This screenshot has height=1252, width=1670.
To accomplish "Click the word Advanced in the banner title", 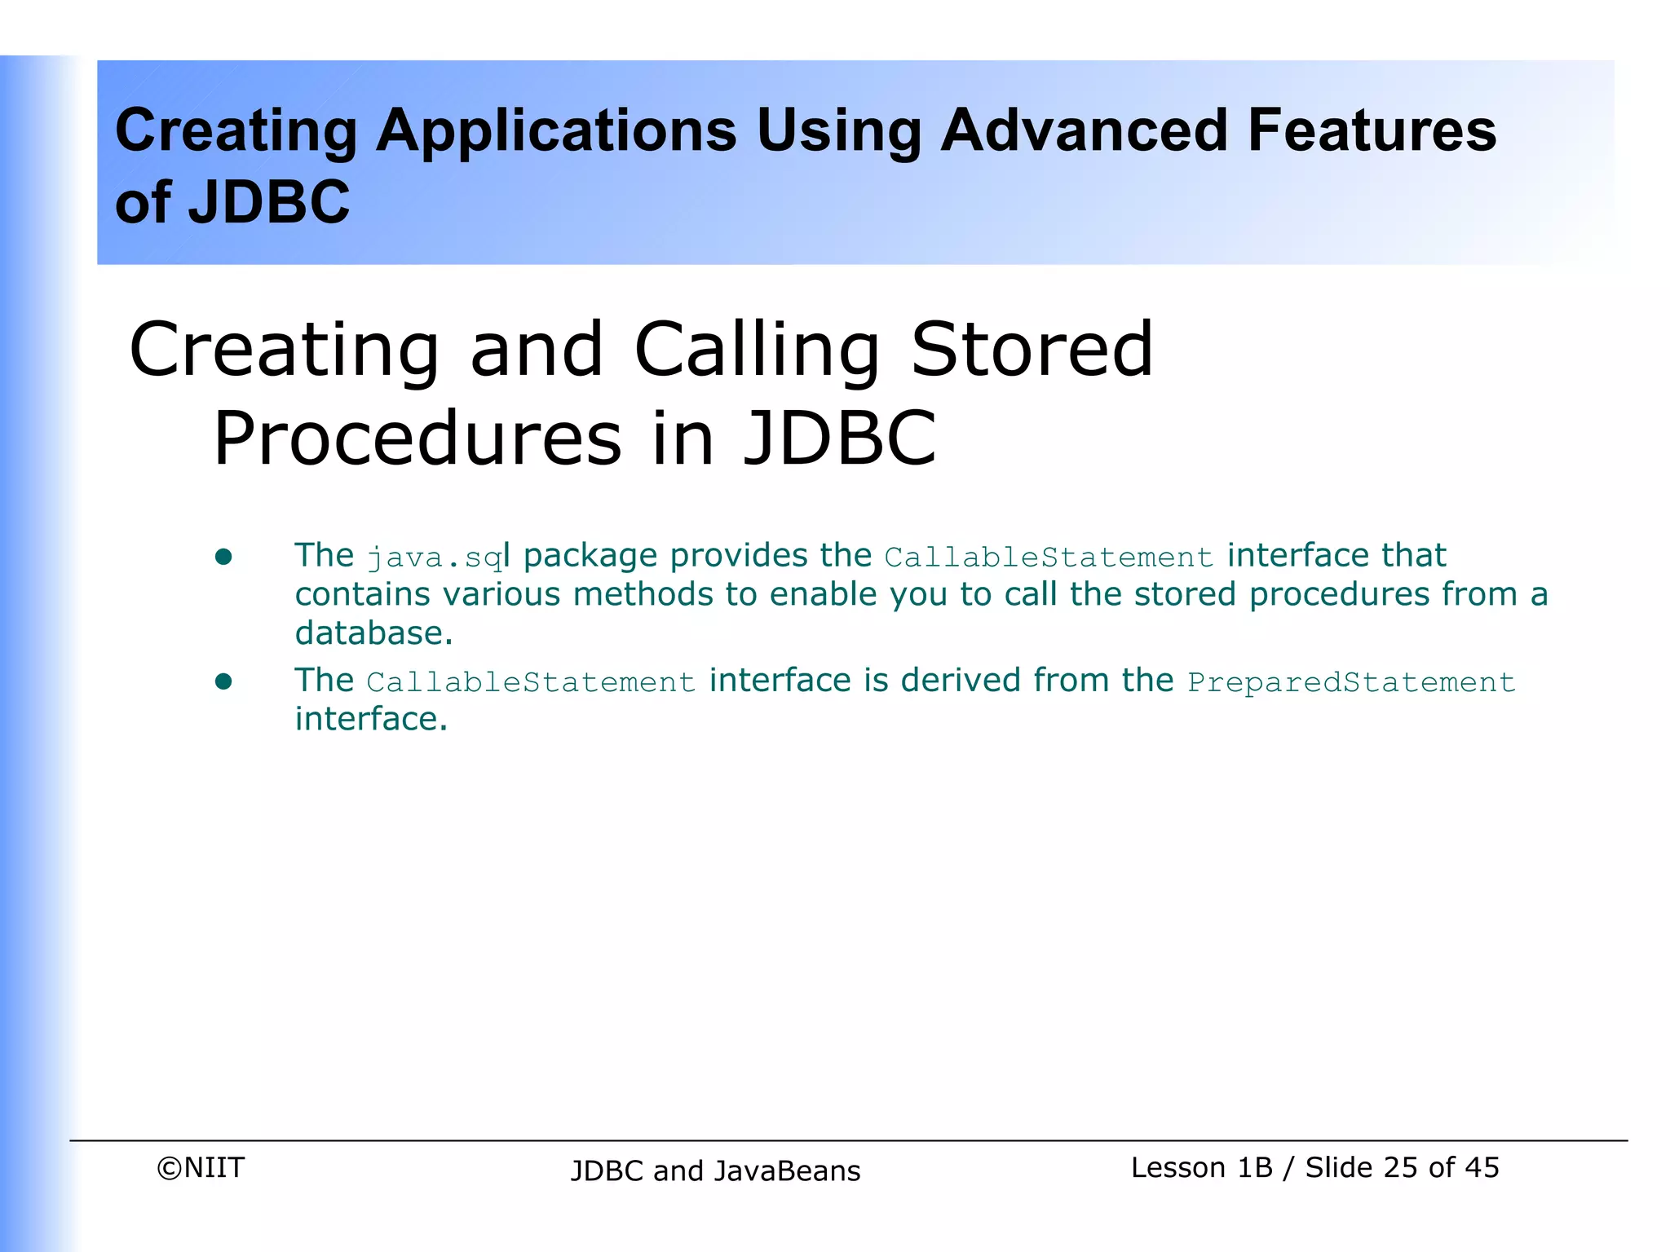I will click(x=1083, y=130).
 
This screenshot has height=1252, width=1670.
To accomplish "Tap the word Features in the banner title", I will click(x=1372, y=130).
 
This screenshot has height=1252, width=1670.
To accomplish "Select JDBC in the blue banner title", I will click(x=269, y=202).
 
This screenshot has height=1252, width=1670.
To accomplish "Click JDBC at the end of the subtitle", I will click(x=840, y=439).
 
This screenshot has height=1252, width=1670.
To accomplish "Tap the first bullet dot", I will click(x=223, y=557).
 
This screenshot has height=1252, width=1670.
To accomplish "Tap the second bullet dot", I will click(x=223, y=681).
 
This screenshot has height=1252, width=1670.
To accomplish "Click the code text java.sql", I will click(x=436, y=558).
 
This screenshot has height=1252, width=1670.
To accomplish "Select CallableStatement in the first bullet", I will click(x=1049, y=558).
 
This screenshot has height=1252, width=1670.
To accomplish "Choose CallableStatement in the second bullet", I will click(x=531, y=682).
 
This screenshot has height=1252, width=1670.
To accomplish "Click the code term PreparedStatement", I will click(x=1351, y=682).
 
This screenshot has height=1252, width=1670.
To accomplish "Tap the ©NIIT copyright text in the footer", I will click(x=201, y=1167).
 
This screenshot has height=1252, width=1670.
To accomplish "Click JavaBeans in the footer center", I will click(x=787, y=1170).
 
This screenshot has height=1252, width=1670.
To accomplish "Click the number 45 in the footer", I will click(x=1482, y=1167).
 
